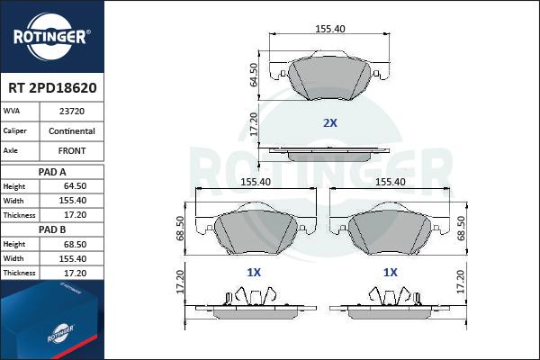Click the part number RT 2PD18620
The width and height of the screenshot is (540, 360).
[52, 88]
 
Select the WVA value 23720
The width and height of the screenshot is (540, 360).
[72, 112]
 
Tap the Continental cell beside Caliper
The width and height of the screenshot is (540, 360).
[72, 130]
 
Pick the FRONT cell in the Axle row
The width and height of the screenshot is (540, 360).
[72, 150]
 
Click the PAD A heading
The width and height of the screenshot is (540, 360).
[52, 172]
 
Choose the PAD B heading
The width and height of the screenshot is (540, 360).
[52, 229]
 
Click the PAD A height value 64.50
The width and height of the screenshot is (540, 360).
[75, 186]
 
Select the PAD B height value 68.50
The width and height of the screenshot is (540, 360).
[75, 244]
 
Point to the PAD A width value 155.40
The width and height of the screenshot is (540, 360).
[73, 201]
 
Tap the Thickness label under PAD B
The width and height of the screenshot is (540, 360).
[19, 273]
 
